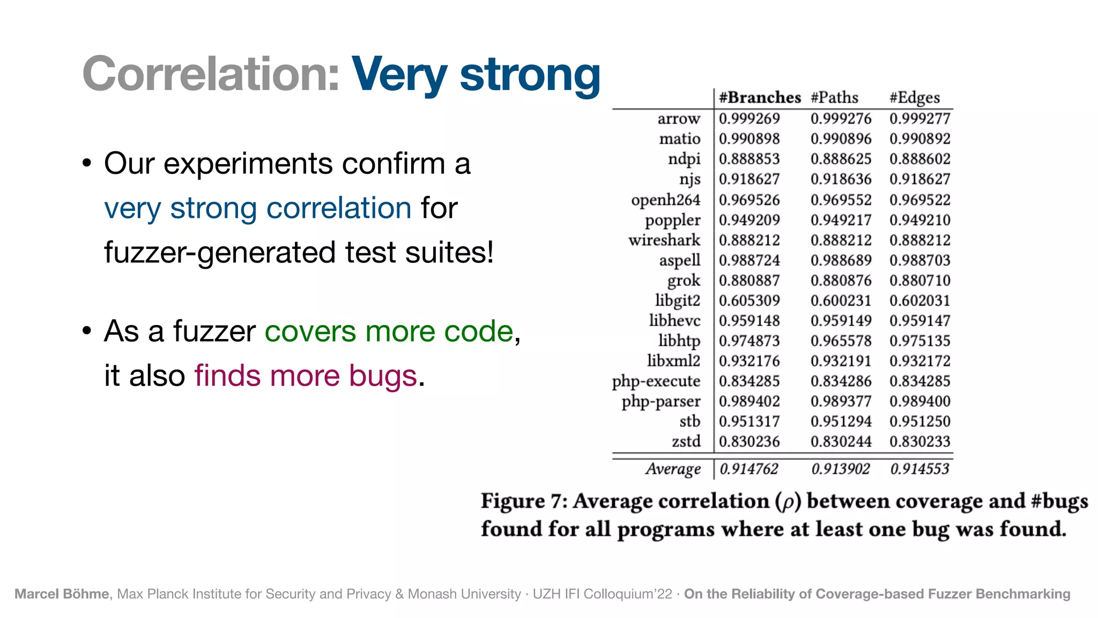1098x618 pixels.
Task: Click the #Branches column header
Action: pyautogui.click(x=760, y=98)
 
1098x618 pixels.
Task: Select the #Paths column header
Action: pyautogui.click(x=834, y=98)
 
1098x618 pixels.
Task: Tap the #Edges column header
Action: pyautogui.click(x=915, y=98)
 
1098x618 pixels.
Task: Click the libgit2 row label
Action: pyautogui.click(x=677, y=300)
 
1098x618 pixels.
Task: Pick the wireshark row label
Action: pyautogui.click(x=664, y=240)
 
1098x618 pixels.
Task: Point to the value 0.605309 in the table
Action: pyautogui.click(x=749, y=300)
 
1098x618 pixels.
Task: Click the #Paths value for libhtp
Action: pyautogui.click(x=841, y=341)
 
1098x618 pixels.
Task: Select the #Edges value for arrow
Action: pyautogui.click(x=919, y=119)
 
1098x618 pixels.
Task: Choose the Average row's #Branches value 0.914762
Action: pyautogui.click(x=748, y=469)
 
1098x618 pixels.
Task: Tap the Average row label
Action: pyautogui.click(x=673, y=469)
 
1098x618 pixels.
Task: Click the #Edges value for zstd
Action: pyautogui.click(x=919, y=442)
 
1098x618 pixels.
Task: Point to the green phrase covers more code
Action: pyautogui.click(x=389, y=331)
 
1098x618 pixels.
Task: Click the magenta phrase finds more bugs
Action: pyautogui.click(x=306, y=376)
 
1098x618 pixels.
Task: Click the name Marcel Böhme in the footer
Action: pyautogui.click(x=62, y=594)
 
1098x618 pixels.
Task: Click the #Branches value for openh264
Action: pyautogui.click(x=749, y=200)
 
